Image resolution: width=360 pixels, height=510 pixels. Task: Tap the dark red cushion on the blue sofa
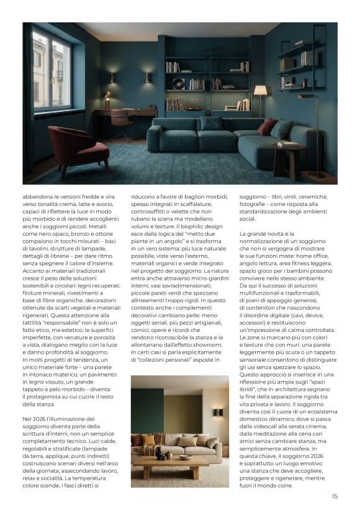[268, 127]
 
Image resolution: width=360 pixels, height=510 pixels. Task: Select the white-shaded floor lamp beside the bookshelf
[260, 92]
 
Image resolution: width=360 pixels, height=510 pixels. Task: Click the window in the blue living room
[52, 72]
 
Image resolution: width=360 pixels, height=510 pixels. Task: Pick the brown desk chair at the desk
[122, 122]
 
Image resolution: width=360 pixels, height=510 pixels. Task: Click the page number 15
[335, 496]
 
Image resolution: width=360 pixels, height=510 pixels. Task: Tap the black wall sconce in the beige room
[218, 412]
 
